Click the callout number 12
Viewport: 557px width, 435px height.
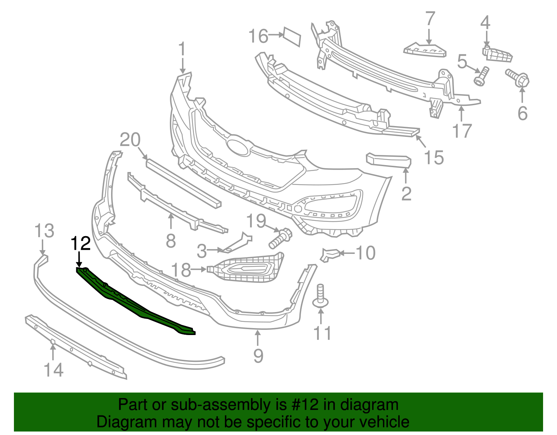81,243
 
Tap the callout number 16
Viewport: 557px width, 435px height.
258,36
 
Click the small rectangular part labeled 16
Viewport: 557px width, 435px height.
292,36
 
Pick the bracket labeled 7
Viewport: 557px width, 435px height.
425,50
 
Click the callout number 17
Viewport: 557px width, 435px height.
462,131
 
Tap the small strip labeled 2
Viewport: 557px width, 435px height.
389,161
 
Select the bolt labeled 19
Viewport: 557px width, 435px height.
281,238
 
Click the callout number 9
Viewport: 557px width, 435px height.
258,355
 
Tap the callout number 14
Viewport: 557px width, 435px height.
54,370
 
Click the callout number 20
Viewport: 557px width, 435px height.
130,140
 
